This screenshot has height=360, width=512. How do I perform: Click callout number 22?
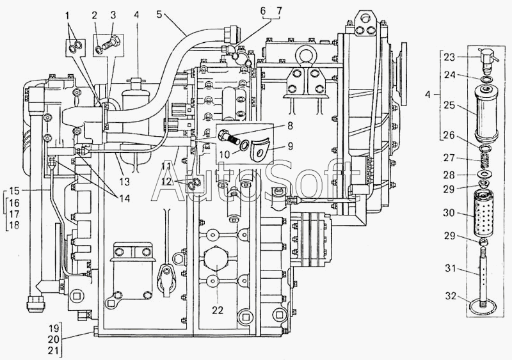(x=218, y=309)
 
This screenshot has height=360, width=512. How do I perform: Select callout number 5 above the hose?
(x=159, y=15)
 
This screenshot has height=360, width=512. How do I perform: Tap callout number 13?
(x=125, y=181)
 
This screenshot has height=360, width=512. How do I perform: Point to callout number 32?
(x=451, y=295)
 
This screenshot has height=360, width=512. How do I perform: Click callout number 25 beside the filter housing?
(x=449, y=105)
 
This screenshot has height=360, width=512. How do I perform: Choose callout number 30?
(x=449, y=213)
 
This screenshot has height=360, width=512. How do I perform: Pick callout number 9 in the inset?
(x=290, y=146)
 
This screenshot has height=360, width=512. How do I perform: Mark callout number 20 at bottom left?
(x=53, y=339)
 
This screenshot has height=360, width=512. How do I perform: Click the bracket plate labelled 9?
(x=260, y=149)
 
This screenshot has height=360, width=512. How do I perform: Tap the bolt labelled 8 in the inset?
(x=231, y=136)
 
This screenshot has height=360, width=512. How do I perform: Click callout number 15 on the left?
(x=14, y=191)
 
